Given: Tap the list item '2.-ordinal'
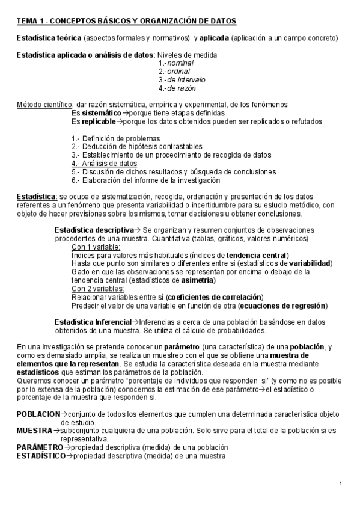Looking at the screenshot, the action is click(174, 71).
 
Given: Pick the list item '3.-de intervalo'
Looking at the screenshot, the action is click(182, 79).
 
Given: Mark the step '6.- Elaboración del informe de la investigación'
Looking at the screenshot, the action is click(145, 180).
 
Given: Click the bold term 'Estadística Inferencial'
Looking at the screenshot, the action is click(93, 322).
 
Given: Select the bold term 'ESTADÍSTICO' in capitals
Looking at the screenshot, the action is click(41, 456).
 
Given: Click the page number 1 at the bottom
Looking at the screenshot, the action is click(340, 484).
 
